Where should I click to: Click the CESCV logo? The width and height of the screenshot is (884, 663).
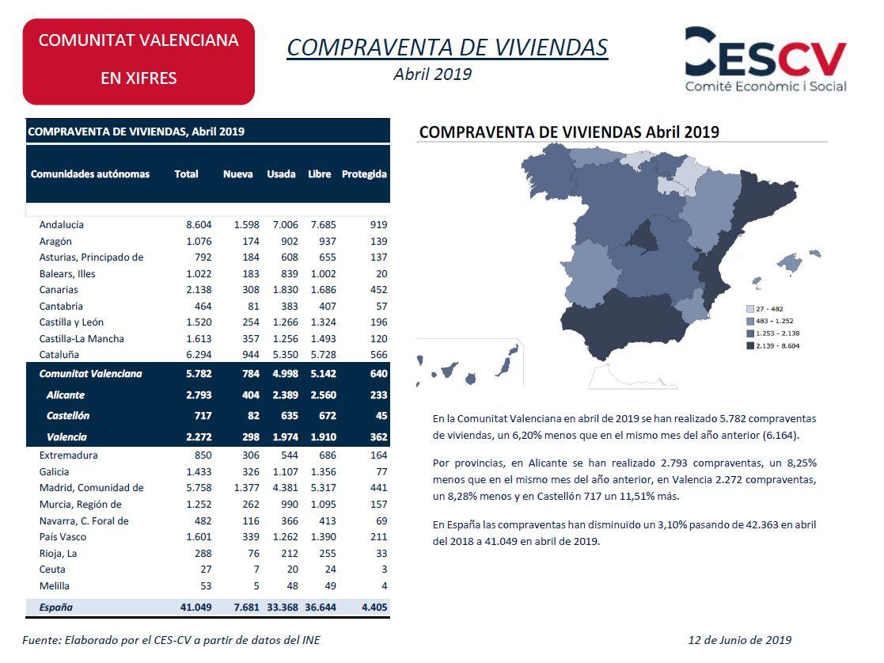click(765, 60)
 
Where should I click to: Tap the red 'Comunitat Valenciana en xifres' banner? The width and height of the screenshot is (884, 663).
click(138, 62)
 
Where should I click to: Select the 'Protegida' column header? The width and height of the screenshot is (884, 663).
click(364, 174)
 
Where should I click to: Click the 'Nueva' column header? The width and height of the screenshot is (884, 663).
click(238, 174)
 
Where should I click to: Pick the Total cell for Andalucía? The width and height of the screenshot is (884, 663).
click(199, 225)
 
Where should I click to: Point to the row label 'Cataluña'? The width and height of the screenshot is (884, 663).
click(59, 355)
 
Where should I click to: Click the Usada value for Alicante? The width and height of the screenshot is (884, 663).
click(285, 395)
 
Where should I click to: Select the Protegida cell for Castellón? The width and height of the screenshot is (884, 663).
click(381, 416)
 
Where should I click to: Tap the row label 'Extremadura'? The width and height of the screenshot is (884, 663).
click(68, 455)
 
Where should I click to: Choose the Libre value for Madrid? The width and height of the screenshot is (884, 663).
click(323, 487)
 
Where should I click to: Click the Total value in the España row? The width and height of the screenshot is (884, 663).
click(196, 607)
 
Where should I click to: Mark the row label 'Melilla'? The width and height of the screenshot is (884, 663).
click(55, 585)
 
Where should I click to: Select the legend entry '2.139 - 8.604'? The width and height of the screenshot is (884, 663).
click(773, 346)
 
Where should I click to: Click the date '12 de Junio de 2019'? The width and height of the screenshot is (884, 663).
click(740, 640)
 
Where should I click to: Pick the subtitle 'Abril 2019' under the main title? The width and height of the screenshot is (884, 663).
click(432, 74)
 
